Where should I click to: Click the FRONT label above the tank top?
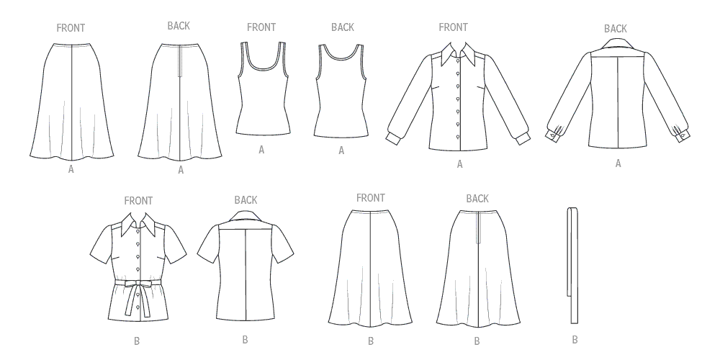click(x=261, y=27)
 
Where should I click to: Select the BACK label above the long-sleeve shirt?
click(x=616, y=29)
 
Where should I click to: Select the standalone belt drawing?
click(x=572, y=266)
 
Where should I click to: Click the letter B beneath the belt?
click(x=575, y=340)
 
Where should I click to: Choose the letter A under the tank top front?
click(x=261, y=150)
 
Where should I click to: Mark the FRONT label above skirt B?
click(x=371, y=198)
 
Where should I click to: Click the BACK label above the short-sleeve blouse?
click(x=246, y=200)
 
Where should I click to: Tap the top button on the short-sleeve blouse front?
click(x=138, y=231)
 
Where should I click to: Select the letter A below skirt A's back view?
click(x=181, y=171)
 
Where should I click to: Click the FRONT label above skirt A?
click(x=71, y=28)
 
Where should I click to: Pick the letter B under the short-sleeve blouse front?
click(x=137, y=341)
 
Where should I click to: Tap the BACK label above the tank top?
click(x=343, y=27)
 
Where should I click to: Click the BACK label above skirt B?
click(x=477, y=199)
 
